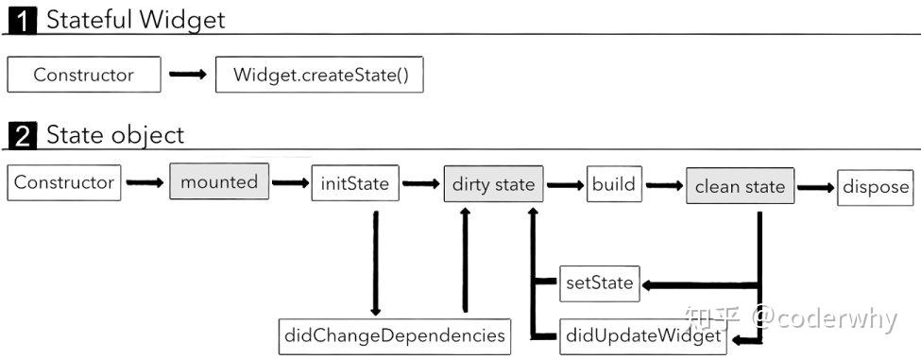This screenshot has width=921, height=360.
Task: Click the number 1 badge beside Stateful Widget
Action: click(22, 20)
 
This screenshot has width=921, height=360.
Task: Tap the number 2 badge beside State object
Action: click(22, 136)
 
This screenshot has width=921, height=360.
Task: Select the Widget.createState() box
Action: click(319, 75)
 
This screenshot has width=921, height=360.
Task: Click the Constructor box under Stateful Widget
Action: click(83, 75)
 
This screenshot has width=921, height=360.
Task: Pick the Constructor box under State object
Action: click(64, 182)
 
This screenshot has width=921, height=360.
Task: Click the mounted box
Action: click(219, 181)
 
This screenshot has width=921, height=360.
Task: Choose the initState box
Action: click(355, 183)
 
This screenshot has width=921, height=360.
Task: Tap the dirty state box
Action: click(493, 184)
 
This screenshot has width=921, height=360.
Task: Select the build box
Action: click(615, 183)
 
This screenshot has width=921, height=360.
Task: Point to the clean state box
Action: click(740, 186)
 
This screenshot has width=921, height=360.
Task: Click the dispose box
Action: click(875, 186)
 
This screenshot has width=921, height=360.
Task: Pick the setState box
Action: click(598, 283)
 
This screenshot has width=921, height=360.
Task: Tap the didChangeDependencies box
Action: click(394, 334)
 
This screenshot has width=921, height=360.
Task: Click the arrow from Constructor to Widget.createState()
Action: click(188, 75)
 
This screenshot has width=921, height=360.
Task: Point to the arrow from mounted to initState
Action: click(290, 183)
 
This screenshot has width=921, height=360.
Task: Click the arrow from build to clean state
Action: click(664, 185)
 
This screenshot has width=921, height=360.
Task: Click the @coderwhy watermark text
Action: click(824, 318)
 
